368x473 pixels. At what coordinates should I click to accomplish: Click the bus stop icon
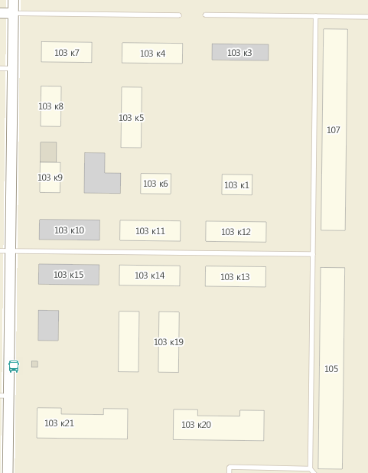click(x=14, y=366)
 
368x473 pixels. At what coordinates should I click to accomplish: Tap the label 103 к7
click(x=67, y=53)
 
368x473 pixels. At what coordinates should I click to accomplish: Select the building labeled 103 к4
click(x=152, y=54)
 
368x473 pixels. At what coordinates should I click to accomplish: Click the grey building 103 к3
click(x=239, y=53)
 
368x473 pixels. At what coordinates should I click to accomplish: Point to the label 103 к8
click(x=50, y=106)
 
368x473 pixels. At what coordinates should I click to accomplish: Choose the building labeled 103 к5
click(x=132, y=118)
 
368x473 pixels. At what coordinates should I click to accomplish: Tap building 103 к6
click(x=155, y=184)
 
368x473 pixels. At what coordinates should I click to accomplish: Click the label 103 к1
click(x=236, y=185)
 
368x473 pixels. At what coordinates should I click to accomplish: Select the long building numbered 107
click(x=334, y=130)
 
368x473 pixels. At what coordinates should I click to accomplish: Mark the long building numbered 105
click(x=331, y=369)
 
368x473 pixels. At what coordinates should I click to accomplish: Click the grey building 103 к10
click(x=69, y=230)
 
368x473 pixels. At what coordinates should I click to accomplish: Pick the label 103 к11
click(x=150, y=231)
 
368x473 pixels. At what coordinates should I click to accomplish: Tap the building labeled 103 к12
click(x=236, y=232)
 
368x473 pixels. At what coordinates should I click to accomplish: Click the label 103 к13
click(x=235, y=277)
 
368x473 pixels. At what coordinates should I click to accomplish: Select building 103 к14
click(x=149, y=276)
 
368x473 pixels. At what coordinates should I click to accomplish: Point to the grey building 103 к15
click(x=68, y=275)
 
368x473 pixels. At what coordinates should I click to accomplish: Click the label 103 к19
click(x=168, y=342)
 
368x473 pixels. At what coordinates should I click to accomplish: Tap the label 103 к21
click(x=59, y=423)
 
